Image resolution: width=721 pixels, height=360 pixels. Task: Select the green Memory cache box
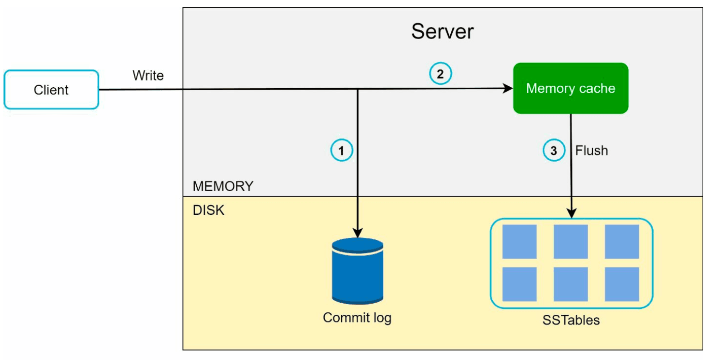[571, 88]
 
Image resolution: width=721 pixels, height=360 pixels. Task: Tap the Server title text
[442, 31]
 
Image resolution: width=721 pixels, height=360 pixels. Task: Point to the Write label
[148, 76]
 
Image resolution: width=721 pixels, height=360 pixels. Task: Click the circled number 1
[342, 151]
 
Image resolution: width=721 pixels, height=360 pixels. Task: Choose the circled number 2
[440, 74]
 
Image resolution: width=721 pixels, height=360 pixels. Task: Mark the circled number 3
[554, 151]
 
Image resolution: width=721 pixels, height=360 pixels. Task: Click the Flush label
[592, 151]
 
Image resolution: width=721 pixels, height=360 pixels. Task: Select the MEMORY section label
[223, 186]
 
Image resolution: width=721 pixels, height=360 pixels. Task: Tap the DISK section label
[208, 210]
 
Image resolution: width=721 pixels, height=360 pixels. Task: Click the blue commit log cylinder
[357, 271]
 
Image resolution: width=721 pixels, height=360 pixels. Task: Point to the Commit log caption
[357, 318]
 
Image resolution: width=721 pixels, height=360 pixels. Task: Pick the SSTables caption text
[571, 320]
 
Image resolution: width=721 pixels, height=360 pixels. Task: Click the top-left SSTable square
[520, 242]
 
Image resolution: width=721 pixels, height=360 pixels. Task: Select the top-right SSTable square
[622, 242]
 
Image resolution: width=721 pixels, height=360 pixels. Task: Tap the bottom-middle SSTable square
[571, 284]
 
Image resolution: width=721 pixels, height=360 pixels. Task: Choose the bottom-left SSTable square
[520, 284]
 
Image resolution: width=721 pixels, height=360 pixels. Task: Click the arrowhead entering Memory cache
[508, 88]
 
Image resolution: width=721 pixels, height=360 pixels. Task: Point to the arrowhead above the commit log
[357, 233]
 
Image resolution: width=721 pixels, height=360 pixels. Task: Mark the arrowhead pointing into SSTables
[571, 213]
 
